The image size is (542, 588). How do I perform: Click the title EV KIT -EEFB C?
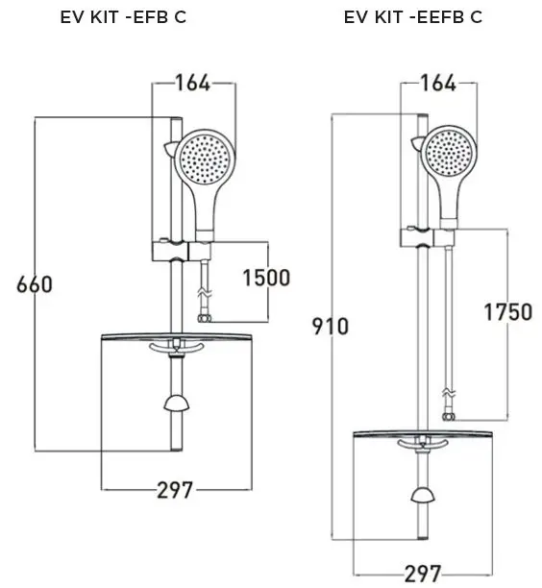(x=413, y=17)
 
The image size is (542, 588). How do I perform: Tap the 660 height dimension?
(x=34, y=284)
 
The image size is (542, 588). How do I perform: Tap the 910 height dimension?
(x=330, y=326)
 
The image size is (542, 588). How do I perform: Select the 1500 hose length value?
(x=265, y=279)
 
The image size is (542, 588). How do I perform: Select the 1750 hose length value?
(x=507, y=312)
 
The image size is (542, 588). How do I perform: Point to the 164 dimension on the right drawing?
(x=439, y=83)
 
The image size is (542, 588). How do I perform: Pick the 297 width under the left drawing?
(x=177, y=491)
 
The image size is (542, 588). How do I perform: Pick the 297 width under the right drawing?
(x=422, y=574)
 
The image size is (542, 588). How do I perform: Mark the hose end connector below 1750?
(x=447, y=418)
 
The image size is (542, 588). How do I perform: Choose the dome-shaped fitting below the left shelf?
(x=175, y=401)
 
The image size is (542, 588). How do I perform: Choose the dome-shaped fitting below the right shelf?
(x=420, y=495)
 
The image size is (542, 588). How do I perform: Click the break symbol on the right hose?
(x=446, y=395)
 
